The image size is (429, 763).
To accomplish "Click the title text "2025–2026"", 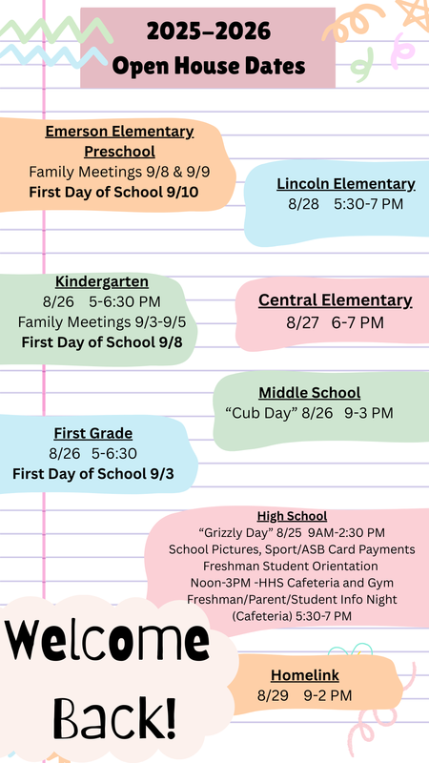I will click(208, 34).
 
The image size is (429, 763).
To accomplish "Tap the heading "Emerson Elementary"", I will click(119, 132).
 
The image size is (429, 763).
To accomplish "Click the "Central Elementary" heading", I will click(336, 300).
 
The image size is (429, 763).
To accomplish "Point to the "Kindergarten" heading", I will click(102, 281).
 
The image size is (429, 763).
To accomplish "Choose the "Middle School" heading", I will click(310, 392).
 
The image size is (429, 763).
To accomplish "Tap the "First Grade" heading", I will click(92, 433).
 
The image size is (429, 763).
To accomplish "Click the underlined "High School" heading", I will click(292, 516).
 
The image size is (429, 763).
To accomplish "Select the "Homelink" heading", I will click(305, 674).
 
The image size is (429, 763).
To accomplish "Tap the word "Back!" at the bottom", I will click(114, 715).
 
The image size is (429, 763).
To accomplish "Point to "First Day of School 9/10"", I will click(114, 192).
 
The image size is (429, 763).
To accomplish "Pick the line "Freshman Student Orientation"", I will click(292, 566).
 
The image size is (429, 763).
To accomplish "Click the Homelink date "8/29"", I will click(274, 695).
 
